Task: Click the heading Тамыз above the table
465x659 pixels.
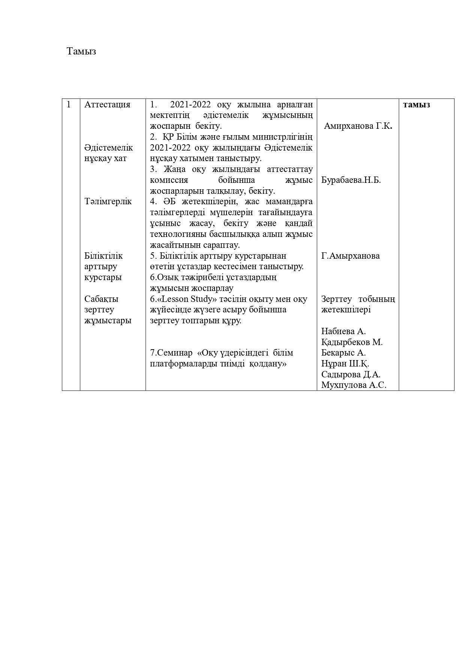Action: click(81, 51)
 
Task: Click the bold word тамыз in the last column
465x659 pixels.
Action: click(416, 105)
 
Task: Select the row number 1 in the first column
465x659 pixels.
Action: click(69, 105)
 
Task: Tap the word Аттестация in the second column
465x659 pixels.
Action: click(107, 105)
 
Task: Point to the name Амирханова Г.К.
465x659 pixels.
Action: click(358, 126)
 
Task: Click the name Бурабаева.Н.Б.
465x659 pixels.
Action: click(351, 180)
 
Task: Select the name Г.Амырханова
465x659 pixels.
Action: click(350, 256)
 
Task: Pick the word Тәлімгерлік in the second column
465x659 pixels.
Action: click(108, 202)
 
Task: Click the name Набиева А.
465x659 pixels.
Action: click(343, 332)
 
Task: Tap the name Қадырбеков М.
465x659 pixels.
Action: click(352, 342)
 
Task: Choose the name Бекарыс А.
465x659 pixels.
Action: click(343, 353)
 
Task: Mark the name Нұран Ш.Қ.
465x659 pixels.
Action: click(345, 364)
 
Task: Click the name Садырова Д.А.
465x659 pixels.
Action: click(351, 375)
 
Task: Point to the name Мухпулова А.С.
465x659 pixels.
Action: click(354, 385)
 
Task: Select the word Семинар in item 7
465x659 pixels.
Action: click(174, 353)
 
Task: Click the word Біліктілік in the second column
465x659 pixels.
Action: click(103, 256)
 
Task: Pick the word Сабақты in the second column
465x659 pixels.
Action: click(101, 299)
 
